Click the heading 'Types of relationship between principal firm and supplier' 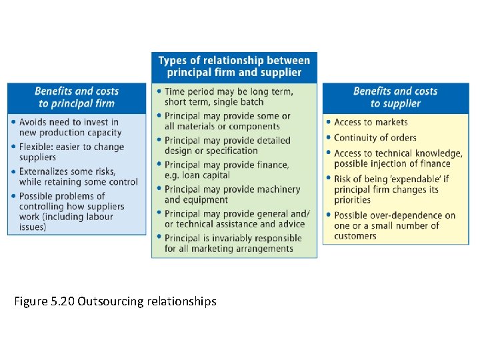[234, 67]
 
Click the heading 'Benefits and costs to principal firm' [77, 97]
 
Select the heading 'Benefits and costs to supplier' [395, 97]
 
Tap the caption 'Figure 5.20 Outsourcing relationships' [115, 301]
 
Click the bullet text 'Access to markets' [371, 122]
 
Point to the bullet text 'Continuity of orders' [375, 138]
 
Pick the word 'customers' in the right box [355, 236]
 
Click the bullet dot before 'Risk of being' [329, 179]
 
